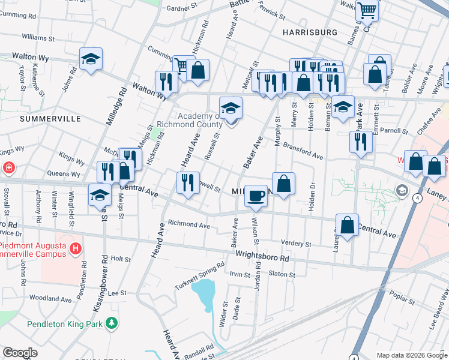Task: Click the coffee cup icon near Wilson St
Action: point(256,196)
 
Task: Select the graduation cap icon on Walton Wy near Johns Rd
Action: point(91,59)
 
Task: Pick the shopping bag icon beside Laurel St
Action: point(347,226)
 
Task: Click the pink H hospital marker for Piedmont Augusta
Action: point(75,248)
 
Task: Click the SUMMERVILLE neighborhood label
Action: point(50,119)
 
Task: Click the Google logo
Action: point(20,353)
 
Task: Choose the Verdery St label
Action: point(296,244)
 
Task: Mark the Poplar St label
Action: point(402,296)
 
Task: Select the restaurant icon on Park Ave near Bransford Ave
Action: point(360,142)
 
